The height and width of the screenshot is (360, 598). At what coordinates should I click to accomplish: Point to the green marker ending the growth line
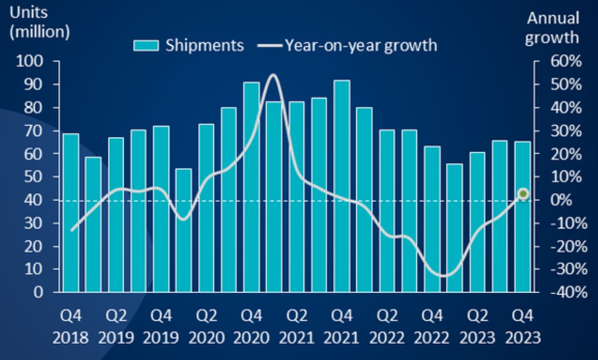pos(522,194)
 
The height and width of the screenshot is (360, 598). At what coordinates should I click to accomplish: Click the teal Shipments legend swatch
pos(146,45)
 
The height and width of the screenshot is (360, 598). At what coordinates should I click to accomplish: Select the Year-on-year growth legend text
pos(361,45)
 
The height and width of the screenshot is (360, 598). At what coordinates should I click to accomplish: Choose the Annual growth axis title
pos(553,28)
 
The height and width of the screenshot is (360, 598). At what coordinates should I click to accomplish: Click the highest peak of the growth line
pos(273,75)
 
